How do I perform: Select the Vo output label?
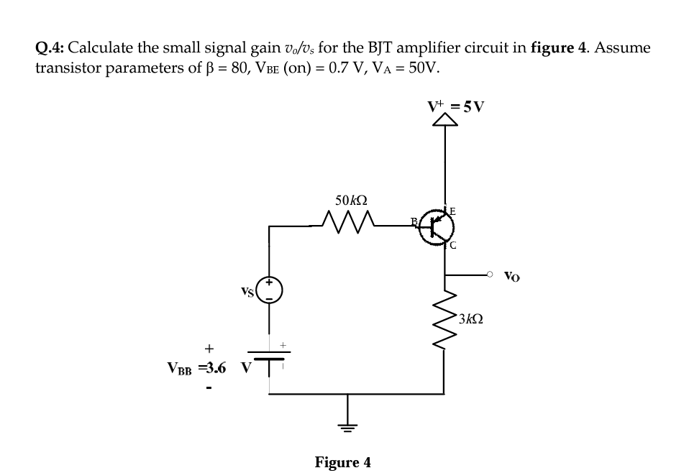tap(512, 275)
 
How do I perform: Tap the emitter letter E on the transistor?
tap(452, 211)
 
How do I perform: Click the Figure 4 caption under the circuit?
tap(343, 461)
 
